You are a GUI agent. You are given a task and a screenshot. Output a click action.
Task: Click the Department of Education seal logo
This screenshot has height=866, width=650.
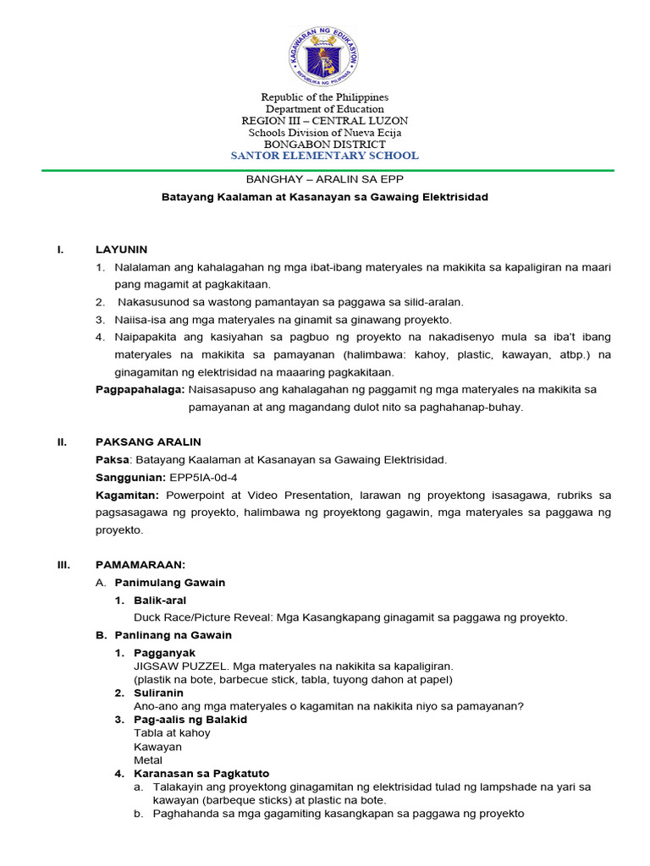[x=324, y=58]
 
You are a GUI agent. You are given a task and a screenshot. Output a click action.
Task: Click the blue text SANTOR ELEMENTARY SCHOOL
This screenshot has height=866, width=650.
[x=325, y=156]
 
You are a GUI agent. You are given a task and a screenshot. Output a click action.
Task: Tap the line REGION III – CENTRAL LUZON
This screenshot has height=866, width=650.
[x=325, y=121]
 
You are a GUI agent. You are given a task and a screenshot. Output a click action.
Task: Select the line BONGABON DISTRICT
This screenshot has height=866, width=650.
[x=325, y=144]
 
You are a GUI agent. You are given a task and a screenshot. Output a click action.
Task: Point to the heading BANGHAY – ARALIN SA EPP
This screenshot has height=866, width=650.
[x=324, y=179]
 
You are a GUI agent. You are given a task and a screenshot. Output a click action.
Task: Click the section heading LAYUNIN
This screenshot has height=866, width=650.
[x=121, y=249]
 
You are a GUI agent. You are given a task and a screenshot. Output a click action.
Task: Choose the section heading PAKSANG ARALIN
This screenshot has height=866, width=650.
[x=148, y=442]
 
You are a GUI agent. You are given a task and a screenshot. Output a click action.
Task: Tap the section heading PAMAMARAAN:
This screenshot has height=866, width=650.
[x=140, y=564]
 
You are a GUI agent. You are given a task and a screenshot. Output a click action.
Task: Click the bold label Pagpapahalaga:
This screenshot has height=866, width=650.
[x=140, y=390]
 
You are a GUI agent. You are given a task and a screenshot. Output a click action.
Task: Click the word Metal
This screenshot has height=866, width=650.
[x=148, y=760]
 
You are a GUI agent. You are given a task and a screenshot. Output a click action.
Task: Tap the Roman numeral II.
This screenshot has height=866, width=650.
[x=61, y=442]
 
